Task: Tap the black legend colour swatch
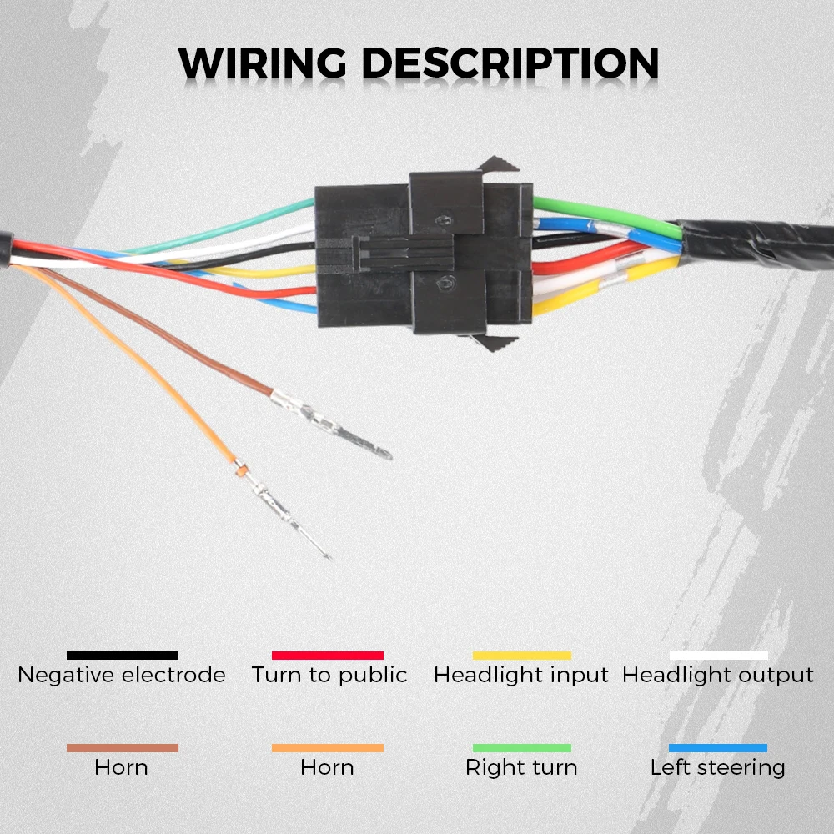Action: point(123,656)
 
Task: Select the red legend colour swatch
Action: point(328,656)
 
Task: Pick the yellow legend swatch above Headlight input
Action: point(522,656)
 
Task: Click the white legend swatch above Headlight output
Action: point(718,656)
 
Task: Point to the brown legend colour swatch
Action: point(123,748)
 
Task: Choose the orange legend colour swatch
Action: point(328,748)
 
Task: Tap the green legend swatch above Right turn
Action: point(522,748)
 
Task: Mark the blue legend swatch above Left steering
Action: point(718,748)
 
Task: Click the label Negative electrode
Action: point(122,675)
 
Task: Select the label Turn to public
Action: point(329,675)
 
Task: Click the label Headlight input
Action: point(521,675)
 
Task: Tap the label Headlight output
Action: point(718,675)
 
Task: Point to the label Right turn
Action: point(521,767)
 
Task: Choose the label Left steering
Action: point(718,767)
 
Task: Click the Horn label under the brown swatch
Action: point(122,767)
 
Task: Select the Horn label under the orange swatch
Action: point(328,767)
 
